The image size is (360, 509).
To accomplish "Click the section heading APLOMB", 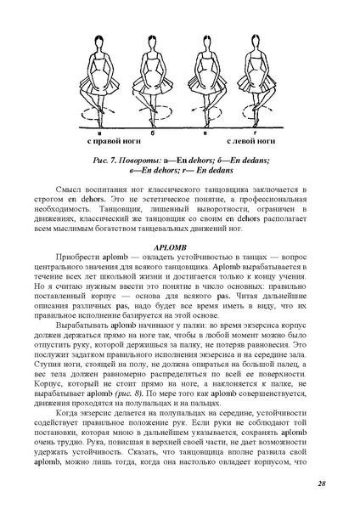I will tap(179, 244).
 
